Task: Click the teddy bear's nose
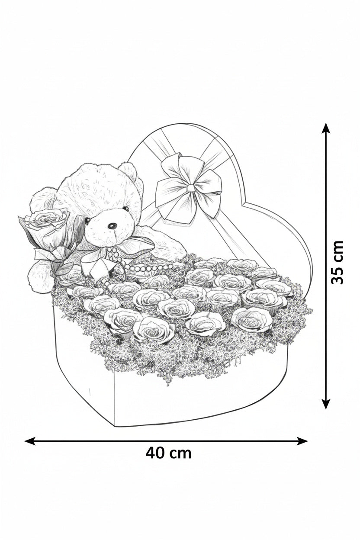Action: pyautogui.click(x=112, y=226)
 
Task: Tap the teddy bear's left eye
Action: pyautogui.click(x=87, y=220)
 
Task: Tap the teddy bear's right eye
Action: pyautogui.click(x=125, y=208)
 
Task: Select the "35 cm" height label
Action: pyautogui.click(x=337, y=262)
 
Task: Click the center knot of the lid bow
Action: pyautogui.click(x=191, y=188)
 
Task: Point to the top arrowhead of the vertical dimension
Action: pyautogui.click(x=326, y=128)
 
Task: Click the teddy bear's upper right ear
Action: pyautogui.click(x=129, y=172)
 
